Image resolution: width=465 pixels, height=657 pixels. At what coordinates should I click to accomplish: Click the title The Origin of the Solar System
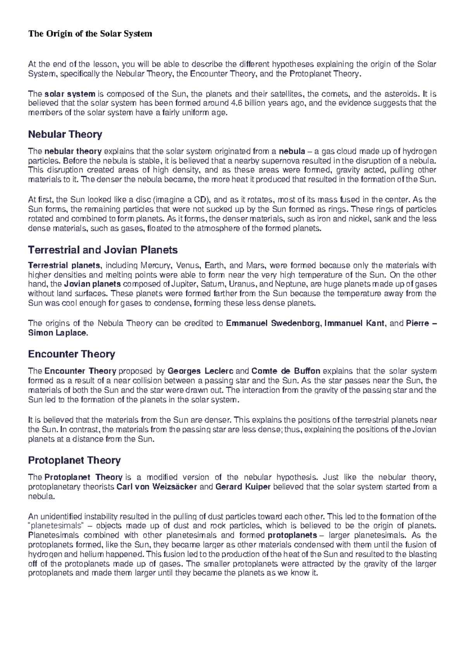point(90,34)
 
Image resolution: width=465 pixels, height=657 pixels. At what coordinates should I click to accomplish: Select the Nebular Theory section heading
point(65,134)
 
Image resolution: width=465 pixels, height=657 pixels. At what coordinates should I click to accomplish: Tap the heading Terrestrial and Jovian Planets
point(103,249)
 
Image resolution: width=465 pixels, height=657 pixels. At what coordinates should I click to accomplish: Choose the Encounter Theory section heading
point(72,354)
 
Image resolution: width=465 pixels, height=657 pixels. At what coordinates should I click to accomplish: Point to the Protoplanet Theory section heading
point(74,460)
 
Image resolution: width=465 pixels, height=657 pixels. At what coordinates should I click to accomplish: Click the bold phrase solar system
point(70,94)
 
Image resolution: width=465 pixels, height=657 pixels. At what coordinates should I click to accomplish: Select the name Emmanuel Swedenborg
point(273,323)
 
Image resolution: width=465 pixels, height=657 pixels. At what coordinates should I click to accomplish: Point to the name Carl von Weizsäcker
point(157,487)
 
